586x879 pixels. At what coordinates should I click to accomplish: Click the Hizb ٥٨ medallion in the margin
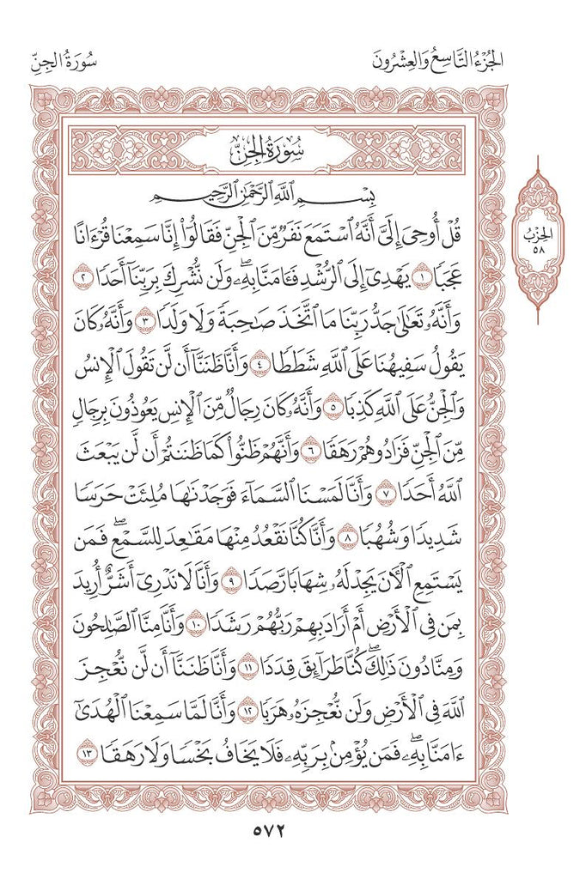coord(537,239)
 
